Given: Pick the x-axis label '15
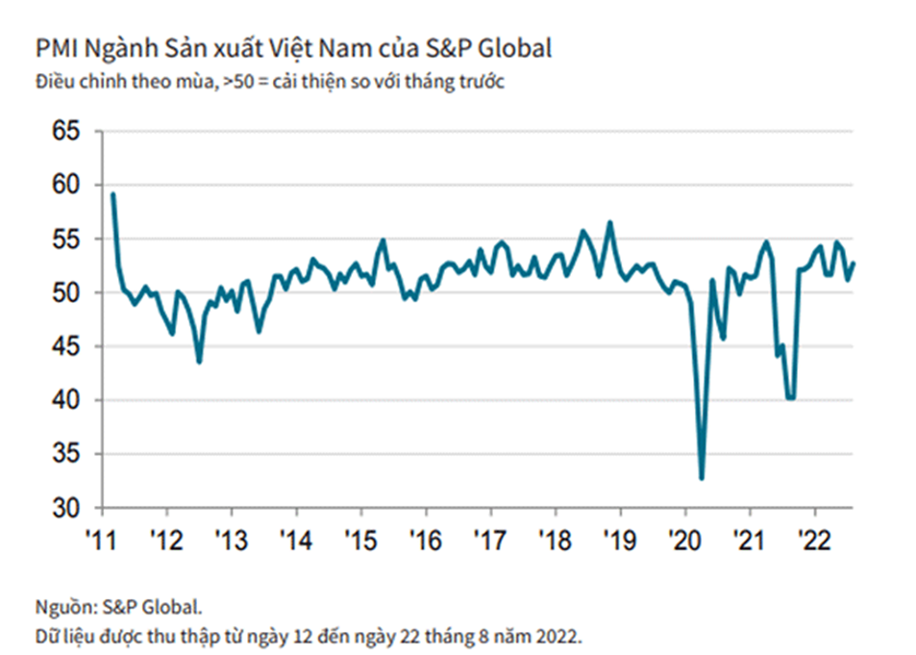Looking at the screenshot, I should [x=360, y=536].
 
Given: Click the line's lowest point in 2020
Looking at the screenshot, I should [x=702, y=478].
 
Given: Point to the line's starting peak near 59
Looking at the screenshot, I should [x=112, y=194].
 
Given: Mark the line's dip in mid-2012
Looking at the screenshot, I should [x=199, y=362].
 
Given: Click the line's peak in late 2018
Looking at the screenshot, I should [x=609, y=223].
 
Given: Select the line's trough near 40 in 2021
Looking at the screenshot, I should [x=791, y=397].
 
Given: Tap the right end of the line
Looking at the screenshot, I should [x=854, y=264].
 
